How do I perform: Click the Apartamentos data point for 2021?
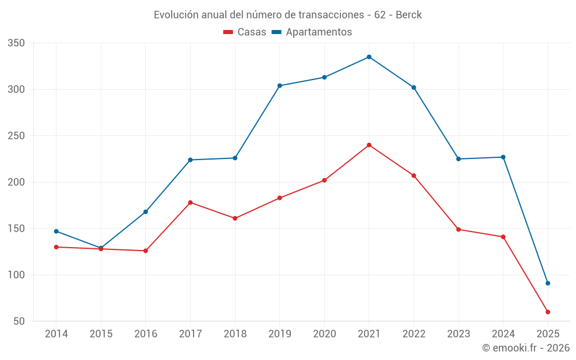point(369,57)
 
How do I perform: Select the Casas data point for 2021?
point(369,145)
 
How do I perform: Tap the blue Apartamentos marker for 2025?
point(548,283)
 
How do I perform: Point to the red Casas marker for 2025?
point(548,312)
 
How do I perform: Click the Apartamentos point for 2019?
point(280,86)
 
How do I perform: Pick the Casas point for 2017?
point(190,203)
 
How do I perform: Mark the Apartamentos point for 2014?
point(56,232)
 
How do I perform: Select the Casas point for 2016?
point(146,251)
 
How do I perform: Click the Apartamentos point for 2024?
point(503,157)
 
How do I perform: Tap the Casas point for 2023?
point(458,229)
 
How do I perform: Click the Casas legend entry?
point(245,32)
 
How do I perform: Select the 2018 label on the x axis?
point(235,334)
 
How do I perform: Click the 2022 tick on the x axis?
point(414,334)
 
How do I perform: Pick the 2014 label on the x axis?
point(56,334)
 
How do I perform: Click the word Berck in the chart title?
point(408,15)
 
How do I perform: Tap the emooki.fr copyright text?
point(526,348)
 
